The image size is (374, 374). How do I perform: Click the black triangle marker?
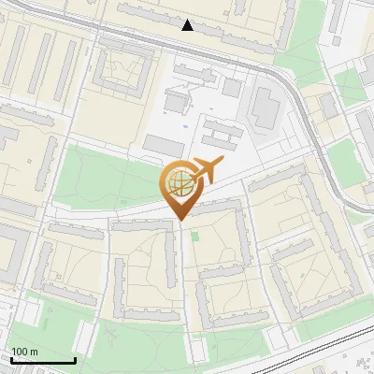pos(188,25)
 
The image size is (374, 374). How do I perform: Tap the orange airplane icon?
pos(209,168)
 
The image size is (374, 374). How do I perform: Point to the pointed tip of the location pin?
pos(179,218)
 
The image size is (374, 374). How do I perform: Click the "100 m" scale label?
pos(24,352)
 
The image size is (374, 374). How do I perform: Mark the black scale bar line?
pos(43,360)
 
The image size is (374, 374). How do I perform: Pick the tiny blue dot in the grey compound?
pos(185,125)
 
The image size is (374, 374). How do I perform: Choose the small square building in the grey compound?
pos(232,88)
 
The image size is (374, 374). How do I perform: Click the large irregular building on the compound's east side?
pos(265,108)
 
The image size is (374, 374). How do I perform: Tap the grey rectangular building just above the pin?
pos(165,145)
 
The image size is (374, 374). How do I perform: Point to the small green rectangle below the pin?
pos(195,236)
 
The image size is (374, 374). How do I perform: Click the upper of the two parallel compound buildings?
pos(220,124)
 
